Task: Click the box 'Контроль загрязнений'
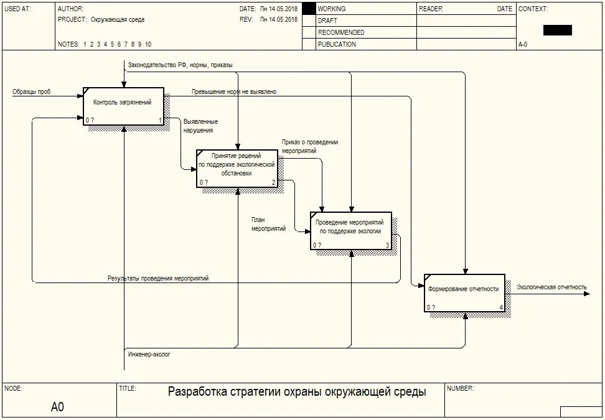[x=123, y=106]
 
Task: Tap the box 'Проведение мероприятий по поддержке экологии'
[x=351, y=230]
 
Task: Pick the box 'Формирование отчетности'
[x=464, y=292]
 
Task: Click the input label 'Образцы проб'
[x=32, y=92]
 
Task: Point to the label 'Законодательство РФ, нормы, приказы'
[x=181, y=65]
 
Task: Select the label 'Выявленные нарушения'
[x=200, y=126]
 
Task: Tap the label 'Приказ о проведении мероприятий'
[x=309, y=146]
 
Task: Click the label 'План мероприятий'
[x=268, y=224]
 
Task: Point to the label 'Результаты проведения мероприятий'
[x=158, y=279]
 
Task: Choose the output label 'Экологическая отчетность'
[x=551, y=287]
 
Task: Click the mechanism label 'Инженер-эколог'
[x=149, y=354]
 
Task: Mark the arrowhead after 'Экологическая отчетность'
[x=586, y=293]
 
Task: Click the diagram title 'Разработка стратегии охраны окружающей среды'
[x=297, y=392]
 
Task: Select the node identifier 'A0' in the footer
[x=57, y=407]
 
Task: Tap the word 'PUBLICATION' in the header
[x=337, y=44]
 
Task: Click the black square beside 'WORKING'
[x=309, y=9]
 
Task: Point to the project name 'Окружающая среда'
[x=118, y=20]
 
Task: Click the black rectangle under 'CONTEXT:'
[x=557, y=30]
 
